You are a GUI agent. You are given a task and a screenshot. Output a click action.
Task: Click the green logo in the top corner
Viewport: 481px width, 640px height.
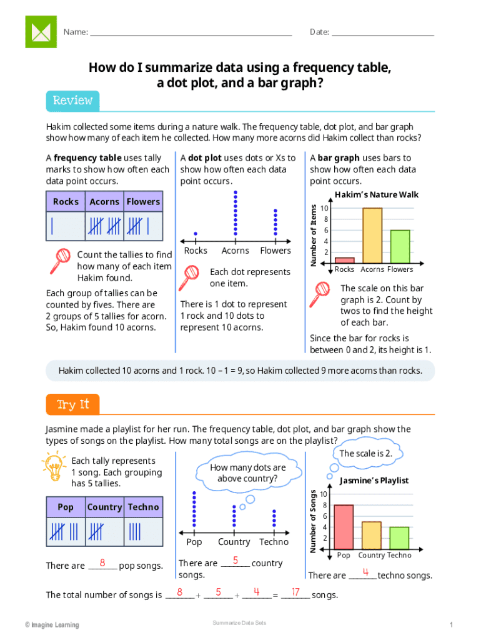click(41, 31)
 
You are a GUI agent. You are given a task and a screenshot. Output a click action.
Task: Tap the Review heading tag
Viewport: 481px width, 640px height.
click(72, 101)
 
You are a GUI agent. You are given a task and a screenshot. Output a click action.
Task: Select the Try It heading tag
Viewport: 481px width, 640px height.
click(72, 405)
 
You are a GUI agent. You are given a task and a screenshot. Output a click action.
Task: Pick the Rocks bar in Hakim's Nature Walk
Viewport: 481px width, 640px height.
click(344, 260)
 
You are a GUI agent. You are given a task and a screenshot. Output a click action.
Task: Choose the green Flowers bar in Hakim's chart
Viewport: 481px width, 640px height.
click(400, 246)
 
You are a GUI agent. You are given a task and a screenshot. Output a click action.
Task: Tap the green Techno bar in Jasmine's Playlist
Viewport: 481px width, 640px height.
click(399, 537)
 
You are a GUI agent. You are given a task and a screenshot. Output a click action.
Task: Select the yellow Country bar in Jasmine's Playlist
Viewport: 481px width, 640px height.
click(372, 534)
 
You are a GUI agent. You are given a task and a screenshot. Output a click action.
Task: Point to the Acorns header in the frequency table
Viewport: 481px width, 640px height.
click(104, 202)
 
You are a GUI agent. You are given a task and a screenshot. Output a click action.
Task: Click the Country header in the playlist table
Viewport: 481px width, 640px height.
click(104, 507)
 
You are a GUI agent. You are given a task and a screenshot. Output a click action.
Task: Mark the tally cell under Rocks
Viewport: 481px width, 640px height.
click(66, 226)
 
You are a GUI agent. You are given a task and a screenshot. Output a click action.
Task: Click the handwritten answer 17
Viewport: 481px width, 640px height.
click(295, 592)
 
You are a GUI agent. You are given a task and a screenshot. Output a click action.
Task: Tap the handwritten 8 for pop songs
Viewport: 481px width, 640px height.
click(102, 562)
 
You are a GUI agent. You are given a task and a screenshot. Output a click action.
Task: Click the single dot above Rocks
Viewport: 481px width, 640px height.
click(196, 232)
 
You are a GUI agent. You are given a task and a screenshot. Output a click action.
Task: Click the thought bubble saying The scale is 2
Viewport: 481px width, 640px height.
click(365, 454)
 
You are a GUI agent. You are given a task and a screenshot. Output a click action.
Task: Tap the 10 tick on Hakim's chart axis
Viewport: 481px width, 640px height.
click(324, 208)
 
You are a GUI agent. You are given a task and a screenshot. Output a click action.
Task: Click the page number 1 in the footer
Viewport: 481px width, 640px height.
click(450, 625)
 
